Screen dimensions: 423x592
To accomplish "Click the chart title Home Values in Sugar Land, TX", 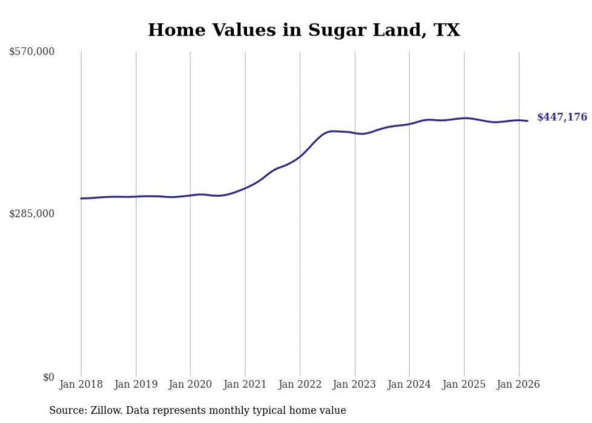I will pos(304,30).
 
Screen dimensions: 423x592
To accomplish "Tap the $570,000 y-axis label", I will pos(32,52).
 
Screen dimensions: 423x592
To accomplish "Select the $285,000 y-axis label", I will pos(32,214).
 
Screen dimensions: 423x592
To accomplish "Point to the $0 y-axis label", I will pos(48,377).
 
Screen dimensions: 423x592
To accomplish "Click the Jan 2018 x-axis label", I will pos(81,384).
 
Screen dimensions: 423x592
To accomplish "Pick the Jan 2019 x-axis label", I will pos(135,384).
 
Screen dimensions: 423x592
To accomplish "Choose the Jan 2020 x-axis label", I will pos(190,384).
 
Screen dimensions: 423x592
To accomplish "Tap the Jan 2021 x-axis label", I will pos(245,384).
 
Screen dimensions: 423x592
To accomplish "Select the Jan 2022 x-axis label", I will pos(300,384).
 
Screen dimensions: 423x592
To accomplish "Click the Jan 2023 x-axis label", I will pos(355,384).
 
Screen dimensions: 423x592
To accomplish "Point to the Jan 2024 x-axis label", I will pos(409,384).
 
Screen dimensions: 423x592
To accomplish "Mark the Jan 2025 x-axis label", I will pos(464,384).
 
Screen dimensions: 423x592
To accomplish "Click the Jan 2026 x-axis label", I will pos(518,384).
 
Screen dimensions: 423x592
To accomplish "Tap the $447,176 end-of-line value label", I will pos(562,117).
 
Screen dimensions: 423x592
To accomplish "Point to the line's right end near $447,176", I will pos(527,121).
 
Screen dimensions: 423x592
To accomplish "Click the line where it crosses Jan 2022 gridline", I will pos(300,156).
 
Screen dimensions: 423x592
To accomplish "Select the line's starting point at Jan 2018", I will pos(81,198).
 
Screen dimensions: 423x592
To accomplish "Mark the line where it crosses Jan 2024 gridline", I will pos(409,124).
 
